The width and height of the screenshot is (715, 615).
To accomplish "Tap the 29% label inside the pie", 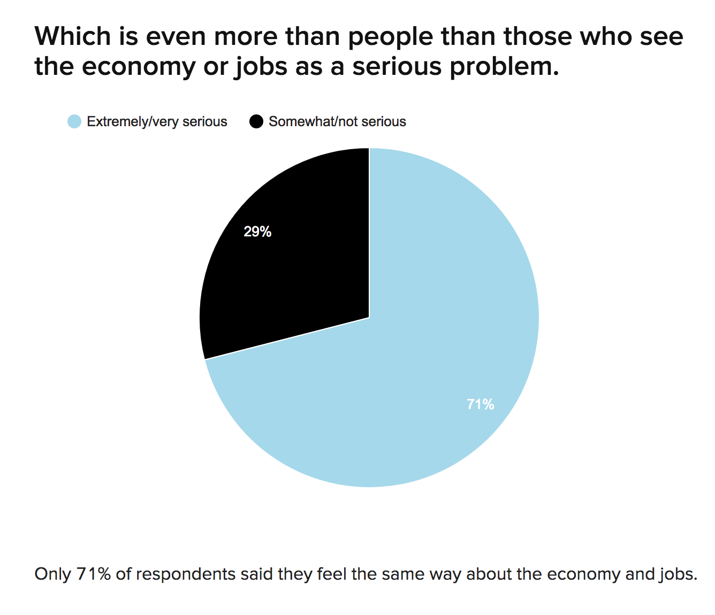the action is (257, 232).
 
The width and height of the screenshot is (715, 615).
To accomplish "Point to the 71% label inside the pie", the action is (481, 404).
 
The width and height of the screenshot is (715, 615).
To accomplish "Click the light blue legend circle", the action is (74, 121).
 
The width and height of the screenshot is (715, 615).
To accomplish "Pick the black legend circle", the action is (256, 121).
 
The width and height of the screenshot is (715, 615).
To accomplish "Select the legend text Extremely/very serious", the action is (157, 122).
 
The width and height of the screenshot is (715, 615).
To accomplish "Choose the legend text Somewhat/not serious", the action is (337, 122).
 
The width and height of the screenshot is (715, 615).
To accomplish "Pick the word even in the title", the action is (176, 37).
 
